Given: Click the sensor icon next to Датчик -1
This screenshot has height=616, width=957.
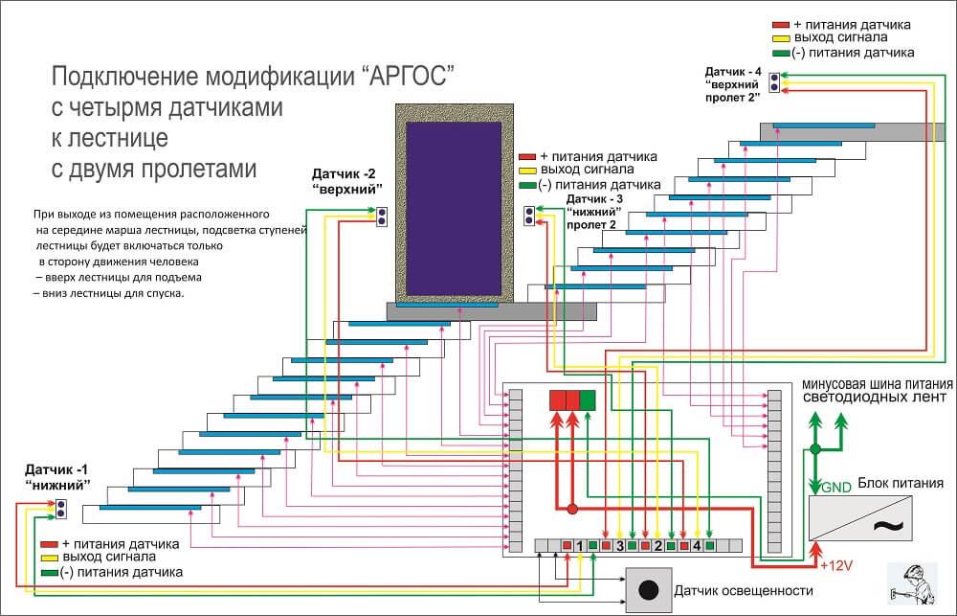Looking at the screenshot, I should (x=61, y=508).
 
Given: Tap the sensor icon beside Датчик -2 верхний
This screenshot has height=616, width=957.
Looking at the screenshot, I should (x=381, y=217).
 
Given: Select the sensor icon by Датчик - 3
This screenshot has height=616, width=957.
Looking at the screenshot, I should (x=529, y=217).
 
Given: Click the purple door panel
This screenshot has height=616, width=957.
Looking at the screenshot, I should (x=452, y=210).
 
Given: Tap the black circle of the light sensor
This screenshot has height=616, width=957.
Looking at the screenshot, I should (x=650, y=589).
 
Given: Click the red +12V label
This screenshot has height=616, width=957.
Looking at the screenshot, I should (x=837, y=565).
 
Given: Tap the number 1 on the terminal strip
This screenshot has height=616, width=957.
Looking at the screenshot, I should (x=580, y=546).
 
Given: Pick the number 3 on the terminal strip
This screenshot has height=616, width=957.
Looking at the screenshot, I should (x=620, y=546).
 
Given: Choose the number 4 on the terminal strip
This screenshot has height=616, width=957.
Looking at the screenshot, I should (x=697, y=546).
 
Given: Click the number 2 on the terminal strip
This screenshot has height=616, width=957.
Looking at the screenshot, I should (x=658, y=546).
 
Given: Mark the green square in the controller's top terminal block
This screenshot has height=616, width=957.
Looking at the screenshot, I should (x=588, y=400).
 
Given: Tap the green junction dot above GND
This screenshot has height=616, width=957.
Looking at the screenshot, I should (x=815, y=448).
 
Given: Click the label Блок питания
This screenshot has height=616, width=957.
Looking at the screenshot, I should (x=901, y=483).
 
